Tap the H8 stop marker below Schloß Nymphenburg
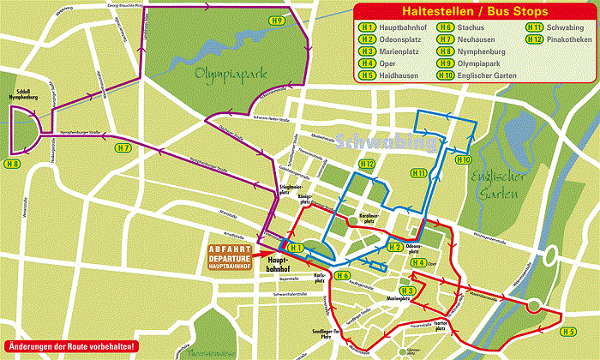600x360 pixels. click(x=12, y=163)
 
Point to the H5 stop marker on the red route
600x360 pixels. click(x=567, y=330)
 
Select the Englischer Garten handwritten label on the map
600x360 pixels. click(x=497, y=187)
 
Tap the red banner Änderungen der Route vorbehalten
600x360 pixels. click(x=71, y=346)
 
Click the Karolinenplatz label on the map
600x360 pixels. click(x=367, y=218)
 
